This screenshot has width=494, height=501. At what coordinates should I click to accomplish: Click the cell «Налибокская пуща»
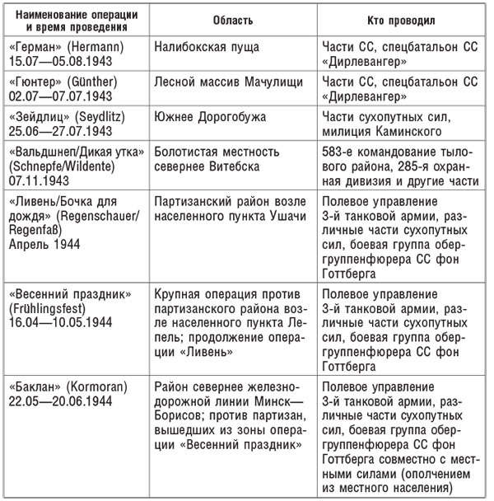(203, 48)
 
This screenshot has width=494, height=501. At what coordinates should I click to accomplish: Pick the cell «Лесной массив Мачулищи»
(223, 82)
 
